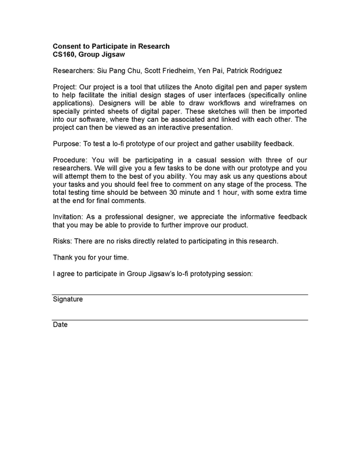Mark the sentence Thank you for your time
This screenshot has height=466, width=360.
89,257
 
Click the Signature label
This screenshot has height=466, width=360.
68,299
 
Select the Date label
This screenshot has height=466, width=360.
60,325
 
